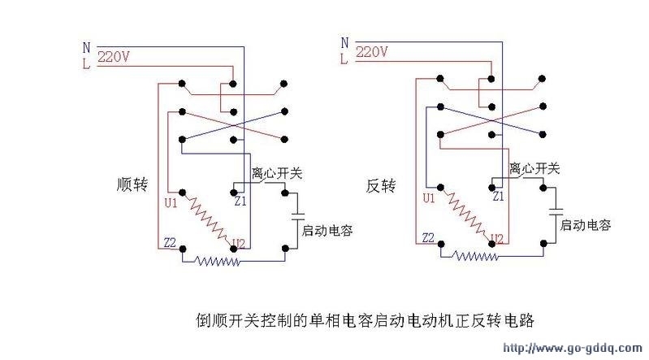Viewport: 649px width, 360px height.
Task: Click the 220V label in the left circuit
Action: (114, 56)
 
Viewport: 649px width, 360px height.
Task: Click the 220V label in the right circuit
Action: (372, 52)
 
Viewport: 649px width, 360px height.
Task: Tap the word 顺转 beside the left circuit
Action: (132, 184)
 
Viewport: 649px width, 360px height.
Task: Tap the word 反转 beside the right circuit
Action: (381, 185)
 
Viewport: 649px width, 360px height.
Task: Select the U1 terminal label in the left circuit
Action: (171, 203)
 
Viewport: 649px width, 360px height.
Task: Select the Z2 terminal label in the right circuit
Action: (428, 238)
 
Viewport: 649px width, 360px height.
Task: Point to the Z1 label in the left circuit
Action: (240, 202)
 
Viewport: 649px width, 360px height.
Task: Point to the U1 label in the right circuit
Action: (429, 198)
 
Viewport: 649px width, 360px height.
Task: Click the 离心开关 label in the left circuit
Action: (277, 173)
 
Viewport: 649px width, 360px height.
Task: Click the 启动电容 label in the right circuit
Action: (586, 225)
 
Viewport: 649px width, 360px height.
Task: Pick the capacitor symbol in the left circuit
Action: (298, 217)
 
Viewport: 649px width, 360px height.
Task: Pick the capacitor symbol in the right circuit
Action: (556, 211)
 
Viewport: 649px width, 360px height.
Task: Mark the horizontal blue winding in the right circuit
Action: (475, 256)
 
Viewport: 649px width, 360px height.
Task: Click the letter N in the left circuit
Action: (86, 48)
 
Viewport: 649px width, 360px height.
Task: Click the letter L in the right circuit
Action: (344, 59)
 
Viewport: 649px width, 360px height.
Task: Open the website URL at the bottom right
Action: (573, 348)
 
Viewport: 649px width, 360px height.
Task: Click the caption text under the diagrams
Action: (365, 320)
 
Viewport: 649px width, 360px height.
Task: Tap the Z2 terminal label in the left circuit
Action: (170, 243)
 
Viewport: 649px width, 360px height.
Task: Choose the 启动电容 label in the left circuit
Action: (327, 230)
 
